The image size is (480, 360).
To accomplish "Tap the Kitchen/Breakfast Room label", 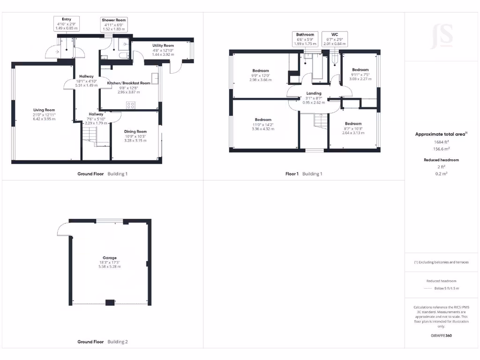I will point(128,83).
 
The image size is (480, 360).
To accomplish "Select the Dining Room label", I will point(135,132).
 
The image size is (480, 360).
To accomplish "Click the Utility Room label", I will point(163,45).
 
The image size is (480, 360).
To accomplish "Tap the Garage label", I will point(110,258).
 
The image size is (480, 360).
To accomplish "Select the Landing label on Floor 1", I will point(314,93).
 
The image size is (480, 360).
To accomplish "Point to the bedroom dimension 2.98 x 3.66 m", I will point(260,80).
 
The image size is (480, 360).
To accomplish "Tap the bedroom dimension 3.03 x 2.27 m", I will point(360,79).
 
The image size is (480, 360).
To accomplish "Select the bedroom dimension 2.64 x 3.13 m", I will point(354,133).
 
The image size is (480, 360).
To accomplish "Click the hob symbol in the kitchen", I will point(131,105).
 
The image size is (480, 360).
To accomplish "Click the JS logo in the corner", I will point(442,37).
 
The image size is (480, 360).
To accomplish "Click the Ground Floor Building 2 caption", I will point(102,342).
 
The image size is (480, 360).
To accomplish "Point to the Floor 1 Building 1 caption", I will point(304,174).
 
